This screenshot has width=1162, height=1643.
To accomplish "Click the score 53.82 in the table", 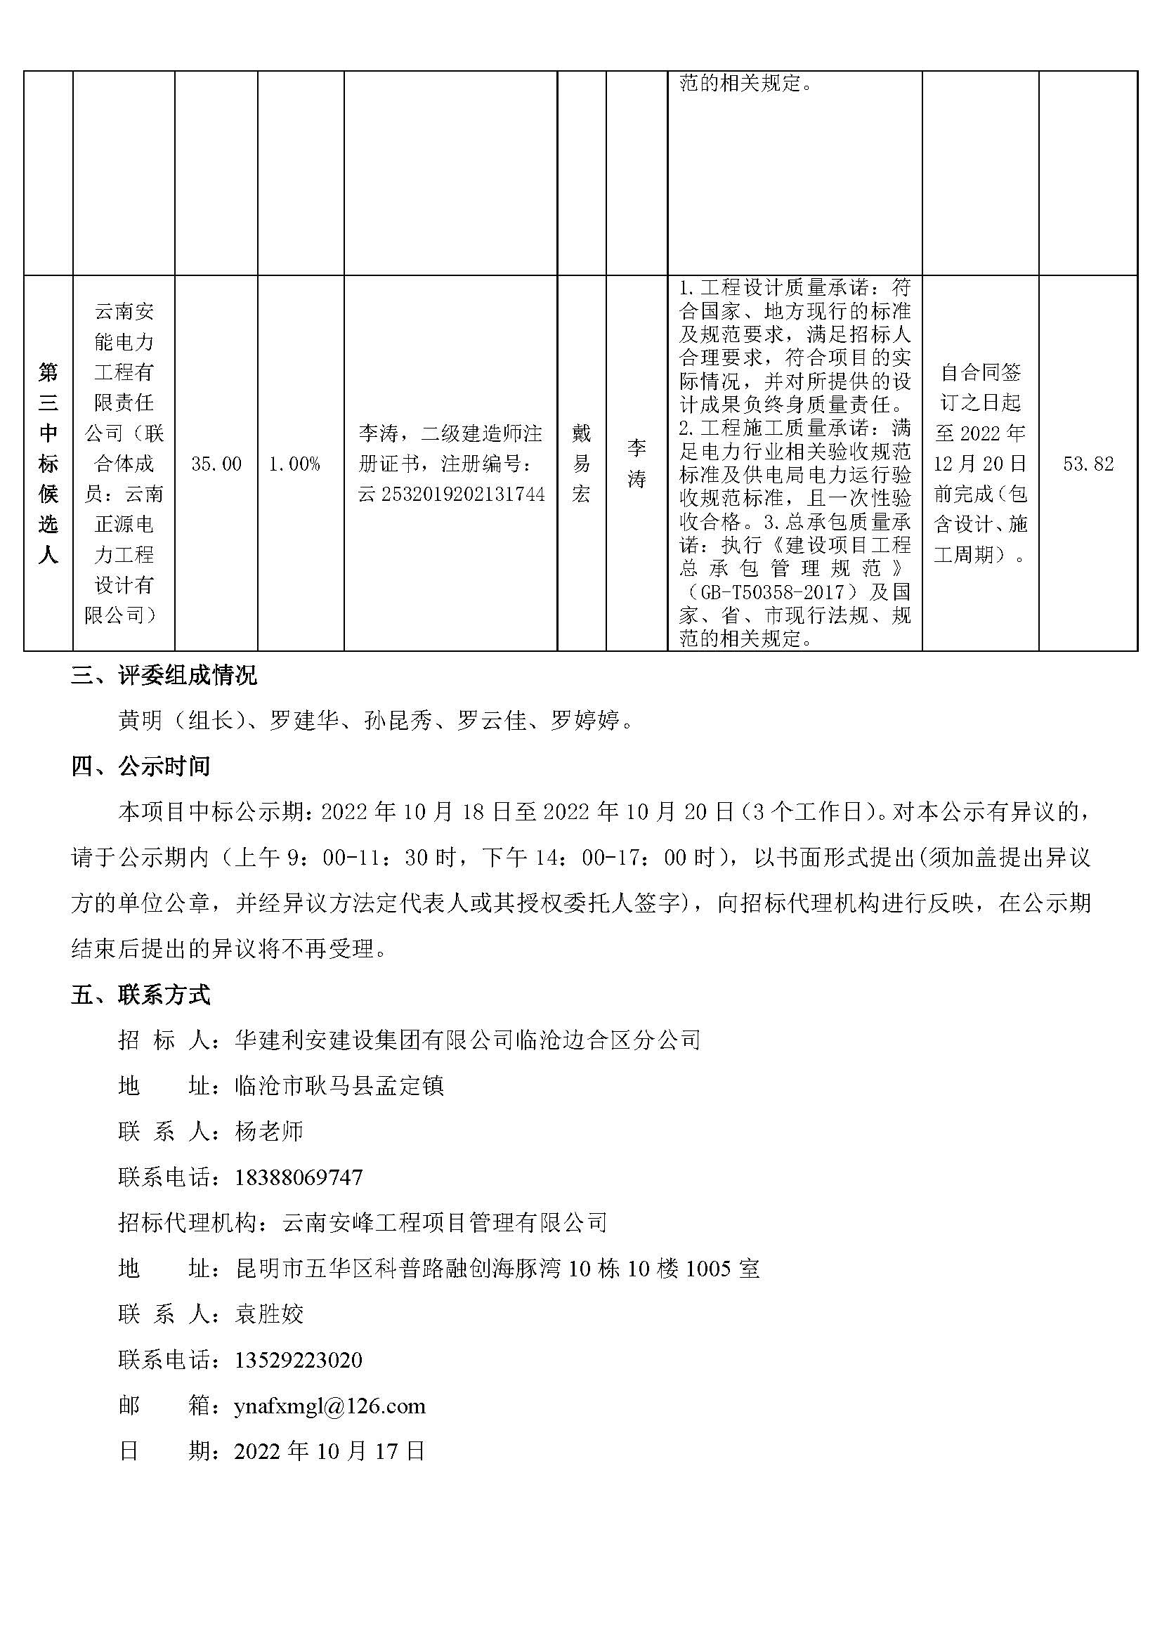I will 1088,464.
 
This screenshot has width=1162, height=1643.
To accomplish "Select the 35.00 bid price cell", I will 216,464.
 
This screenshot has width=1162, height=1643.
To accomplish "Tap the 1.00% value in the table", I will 294,464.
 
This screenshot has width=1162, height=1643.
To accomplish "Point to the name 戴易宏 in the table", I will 581,463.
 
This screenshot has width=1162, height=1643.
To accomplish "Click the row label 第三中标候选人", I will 48,463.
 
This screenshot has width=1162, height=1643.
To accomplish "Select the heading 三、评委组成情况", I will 164,675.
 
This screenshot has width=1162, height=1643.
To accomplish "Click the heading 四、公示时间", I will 141,766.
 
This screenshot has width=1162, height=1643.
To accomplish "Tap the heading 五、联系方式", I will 141,995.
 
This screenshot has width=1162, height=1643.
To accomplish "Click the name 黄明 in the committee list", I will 141,720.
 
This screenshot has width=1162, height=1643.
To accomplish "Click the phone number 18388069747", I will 299,1177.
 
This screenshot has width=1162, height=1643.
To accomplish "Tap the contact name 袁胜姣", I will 269,1314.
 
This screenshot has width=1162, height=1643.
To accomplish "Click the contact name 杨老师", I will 269,1132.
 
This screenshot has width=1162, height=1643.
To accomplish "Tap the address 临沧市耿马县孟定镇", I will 339,1085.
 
